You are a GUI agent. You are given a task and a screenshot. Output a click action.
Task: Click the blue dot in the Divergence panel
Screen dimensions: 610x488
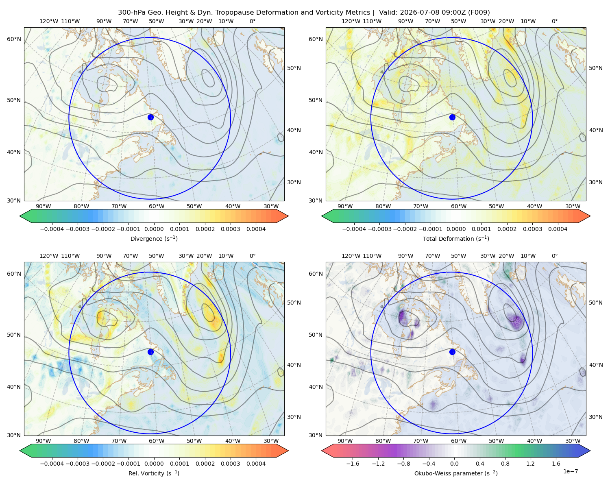(x=150, y=117)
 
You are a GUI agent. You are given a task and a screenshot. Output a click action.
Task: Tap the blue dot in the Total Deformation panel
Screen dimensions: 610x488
(x=452, y=117)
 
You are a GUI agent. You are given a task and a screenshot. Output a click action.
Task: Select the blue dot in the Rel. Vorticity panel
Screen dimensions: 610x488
(x=150, y=352)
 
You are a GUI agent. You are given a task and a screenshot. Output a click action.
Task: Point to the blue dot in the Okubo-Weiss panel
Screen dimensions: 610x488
(x=452, y=352)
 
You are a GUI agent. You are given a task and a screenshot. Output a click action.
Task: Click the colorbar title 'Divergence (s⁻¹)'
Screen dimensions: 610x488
(x=154, y=238)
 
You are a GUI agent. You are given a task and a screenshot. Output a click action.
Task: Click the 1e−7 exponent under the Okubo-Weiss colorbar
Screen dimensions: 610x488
(x=570, y=471)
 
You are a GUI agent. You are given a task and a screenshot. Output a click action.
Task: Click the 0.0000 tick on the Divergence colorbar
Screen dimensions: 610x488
(x=154, y=229)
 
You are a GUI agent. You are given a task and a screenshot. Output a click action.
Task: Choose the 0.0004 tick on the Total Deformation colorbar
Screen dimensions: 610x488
(x=558, y=229)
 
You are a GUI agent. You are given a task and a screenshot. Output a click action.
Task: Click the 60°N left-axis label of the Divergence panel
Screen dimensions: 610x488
(x=14, y=39)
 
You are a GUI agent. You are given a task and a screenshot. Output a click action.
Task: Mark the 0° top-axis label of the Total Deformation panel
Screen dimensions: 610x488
(x=554, y=21)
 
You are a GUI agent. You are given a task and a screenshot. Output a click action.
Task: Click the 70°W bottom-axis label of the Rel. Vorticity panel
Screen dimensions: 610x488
(x=119, y=441)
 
